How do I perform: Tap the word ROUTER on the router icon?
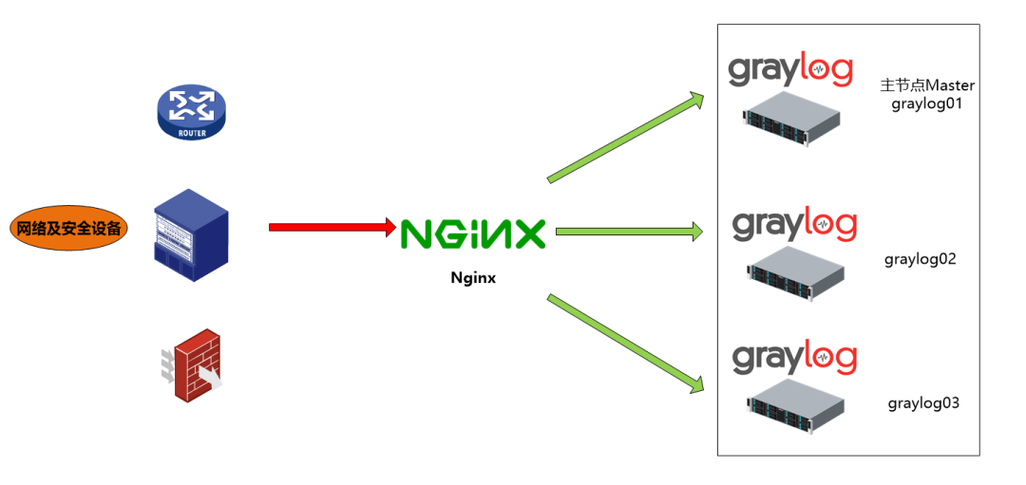191,133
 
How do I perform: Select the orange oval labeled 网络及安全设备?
69,228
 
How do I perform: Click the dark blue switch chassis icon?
191,235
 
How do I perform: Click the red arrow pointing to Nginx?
333,228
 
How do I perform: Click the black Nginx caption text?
473,278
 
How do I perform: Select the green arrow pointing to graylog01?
625,138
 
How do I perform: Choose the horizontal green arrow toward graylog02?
630,232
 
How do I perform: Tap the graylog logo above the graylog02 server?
794,224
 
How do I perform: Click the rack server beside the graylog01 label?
791,118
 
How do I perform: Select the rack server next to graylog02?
796,273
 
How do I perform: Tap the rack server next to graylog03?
796,406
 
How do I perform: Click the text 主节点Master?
927,85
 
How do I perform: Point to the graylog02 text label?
921,259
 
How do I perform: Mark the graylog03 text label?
923,403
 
